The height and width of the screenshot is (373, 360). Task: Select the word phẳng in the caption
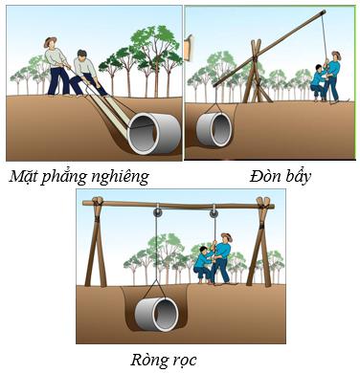(x=68, y=177)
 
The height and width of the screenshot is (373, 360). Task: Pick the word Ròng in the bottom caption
(x=148, y=360)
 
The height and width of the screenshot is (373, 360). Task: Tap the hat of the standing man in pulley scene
(x=226, y=236)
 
